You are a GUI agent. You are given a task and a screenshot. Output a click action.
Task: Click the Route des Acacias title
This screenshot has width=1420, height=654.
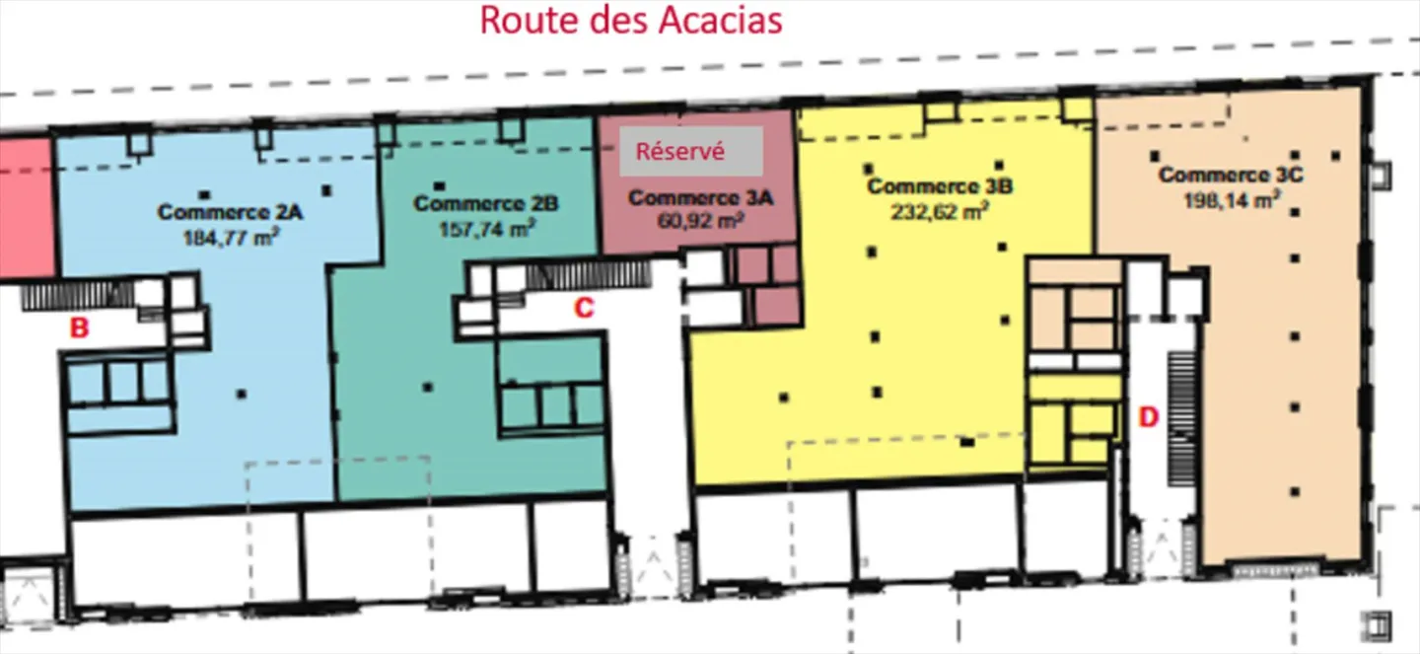(x=631, y=20)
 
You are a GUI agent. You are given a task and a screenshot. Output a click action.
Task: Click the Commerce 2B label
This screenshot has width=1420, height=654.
(x=486, y=204)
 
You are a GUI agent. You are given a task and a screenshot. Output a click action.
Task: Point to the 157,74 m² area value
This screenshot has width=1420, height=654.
(x=486, y=229)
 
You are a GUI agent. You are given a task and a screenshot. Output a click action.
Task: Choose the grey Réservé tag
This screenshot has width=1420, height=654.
(x=691, y=152)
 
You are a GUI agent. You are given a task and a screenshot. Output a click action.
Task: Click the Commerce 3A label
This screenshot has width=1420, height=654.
(x=700, y=198)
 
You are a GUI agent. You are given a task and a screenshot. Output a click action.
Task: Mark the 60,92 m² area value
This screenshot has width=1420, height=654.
(x=700, y=221)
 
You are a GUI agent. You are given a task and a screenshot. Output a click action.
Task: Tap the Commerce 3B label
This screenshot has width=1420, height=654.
(x=941, y=185)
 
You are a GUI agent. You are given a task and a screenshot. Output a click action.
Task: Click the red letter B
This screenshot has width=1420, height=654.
(x=79, y=328)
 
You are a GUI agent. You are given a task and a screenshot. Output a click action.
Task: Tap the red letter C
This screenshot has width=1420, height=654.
(x=584, y=308)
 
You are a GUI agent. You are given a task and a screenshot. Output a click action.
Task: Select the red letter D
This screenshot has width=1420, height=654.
(x=1148, y=416)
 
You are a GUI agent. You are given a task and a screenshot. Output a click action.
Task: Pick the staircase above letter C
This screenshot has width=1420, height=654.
(x=588, y=273)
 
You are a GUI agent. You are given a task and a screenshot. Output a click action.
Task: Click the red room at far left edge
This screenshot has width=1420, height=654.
(x=25, y=207)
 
